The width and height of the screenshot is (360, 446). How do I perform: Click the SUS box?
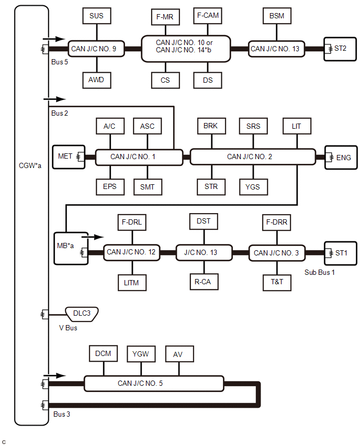(96, 16)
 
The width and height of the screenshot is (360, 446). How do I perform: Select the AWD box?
(96, 80)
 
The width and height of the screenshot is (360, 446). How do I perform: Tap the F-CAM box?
(208, 16)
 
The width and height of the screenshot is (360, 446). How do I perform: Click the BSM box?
(277, 16)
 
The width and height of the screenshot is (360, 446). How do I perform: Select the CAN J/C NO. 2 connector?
(253, 157)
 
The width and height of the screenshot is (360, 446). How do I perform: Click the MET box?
(69, 156)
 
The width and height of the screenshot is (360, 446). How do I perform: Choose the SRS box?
(253, 126)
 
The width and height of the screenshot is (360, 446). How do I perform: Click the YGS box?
(253, 186)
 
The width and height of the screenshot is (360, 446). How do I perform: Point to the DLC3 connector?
(83, 314)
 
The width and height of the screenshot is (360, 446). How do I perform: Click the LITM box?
(131, 282)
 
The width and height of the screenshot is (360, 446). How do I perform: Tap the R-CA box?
(204, 281)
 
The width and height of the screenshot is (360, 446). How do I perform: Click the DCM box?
(104, 354)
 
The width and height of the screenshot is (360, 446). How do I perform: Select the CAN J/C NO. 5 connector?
(154, 383)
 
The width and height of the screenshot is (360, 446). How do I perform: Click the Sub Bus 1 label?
(319, 273)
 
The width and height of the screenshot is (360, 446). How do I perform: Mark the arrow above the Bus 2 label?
(57, 98)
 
